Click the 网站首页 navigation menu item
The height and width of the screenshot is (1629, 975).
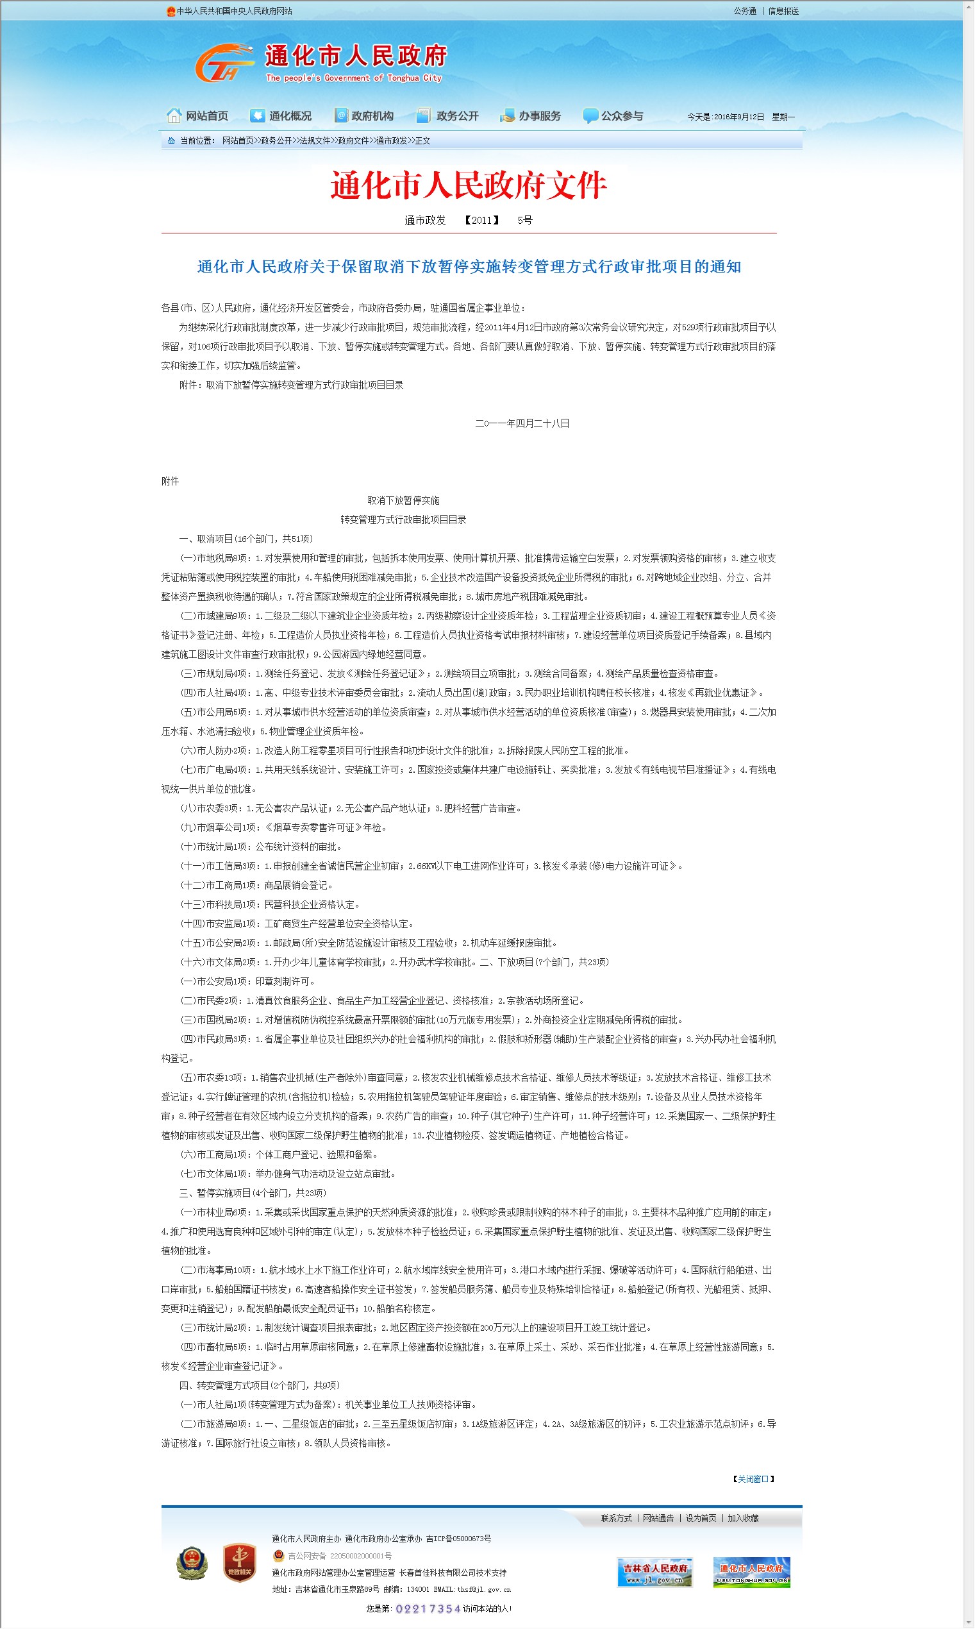click(x=199, y=115)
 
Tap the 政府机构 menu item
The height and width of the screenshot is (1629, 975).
click(x=365, y=115)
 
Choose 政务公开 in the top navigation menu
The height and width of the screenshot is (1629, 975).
click(x=449, y=115)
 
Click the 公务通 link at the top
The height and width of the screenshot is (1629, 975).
click(x=745, y=11)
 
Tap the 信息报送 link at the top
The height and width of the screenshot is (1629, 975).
click(x=784, y=11)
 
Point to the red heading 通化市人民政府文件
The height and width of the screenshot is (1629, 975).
click(x=469, y=185)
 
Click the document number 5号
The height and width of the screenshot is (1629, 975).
click(x=525, y=220)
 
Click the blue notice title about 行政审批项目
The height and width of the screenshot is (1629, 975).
click(x=469, y=266)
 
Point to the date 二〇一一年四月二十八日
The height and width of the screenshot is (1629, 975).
click(x=522, y=424)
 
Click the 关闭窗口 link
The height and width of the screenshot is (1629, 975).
click(x=754, y=1479)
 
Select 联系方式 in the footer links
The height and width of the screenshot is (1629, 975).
click(x=616, y=1519)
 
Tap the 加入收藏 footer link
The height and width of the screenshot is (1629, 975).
click(x=743, y=1519)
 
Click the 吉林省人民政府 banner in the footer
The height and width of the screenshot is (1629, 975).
click(x=655, y=1573)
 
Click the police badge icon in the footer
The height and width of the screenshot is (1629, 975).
click(x=192, y=1563)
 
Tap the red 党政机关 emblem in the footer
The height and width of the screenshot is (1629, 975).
click(x=240, y=1563)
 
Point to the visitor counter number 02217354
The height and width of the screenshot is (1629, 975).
click(x=428, y=1608)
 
